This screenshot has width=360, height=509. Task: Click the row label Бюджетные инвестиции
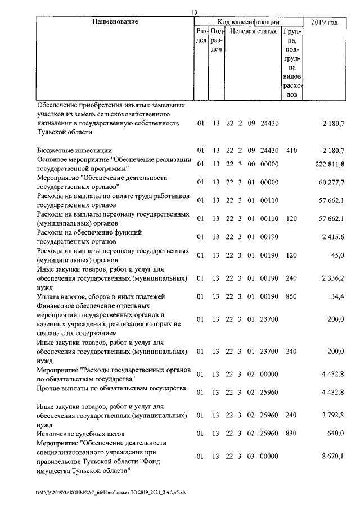coord(74,150)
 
